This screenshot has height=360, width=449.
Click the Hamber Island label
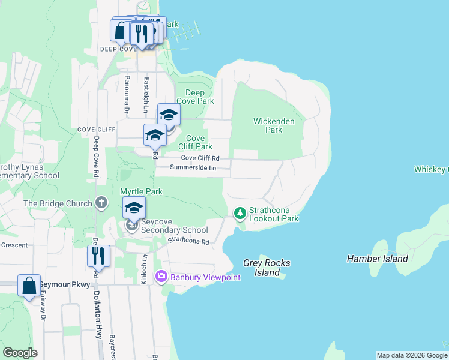[377, 259]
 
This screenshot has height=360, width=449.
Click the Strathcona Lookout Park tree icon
[240, 213]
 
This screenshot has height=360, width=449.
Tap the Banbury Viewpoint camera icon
[161, 277]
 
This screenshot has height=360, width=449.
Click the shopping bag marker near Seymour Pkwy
[29, 286]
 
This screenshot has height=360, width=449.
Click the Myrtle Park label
[142, 191]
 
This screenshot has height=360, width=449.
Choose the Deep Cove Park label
[195, 97]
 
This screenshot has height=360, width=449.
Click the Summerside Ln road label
[193, 168]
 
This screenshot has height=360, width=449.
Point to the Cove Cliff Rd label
[200, 158]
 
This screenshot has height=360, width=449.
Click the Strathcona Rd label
[188, 241]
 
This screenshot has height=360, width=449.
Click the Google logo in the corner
[20, 353]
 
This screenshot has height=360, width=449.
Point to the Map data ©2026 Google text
[412, 355]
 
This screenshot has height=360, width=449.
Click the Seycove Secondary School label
[174, 230]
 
